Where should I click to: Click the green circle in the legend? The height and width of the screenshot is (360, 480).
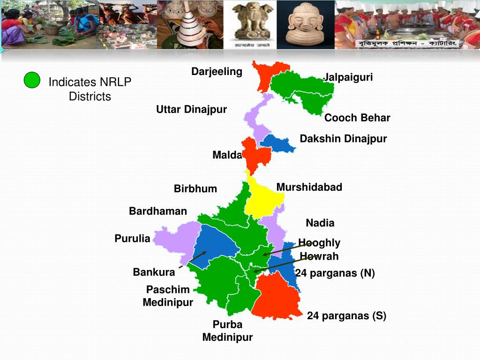click(x=32, y=80)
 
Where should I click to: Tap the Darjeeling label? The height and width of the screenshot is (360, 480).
click(x=217, y=71)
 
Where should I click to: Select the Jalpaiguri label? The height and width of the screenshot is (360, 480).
click(x=349, y=77)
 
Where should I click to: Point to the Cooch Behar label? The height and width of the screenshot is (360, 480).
click(x=357, y=118)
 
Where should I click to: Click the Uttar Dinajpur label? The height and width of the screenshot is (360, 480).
click(x=191, y=109)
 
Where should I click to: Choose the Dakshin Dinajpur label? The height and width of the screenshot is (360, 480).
click(x=343, y=139)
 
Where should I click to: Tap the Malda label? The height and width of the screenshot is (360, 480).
click(x=227, y=155)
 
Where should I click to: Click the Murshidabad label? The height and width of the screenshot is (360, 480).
click(x=309, y=187)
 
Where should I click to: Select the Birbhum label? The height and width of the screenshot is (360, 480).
click(x=195, y=188)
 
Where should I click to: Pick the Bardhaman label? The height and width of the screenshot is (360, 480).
click(x=158, y=211)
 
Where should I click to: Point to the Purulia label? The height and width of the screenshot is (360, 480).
click(x=132, y=239)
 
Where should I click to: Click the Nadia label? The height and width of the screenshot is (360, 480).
click(x=320, y=223)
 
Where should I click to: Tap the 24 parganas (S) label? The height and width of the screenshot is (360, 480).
click(x=346, y=316)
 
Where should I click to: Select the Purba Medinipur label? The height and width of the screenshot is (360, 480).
click(x=227, y=330)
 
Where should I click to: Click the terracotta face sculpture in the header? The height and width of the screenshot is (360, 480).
click(x=306, y=24)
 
